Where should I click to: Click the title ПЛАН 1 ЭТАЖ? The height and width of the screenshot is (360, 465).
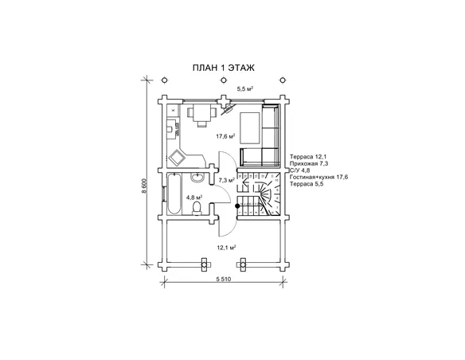223,68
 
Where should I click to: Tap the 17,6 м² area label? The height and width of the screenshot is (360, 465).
225,136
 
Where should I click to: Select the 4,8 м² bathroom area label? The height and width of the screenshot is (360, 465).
194,197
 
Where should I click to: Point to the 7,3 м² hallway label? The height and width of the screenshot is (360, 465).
227,180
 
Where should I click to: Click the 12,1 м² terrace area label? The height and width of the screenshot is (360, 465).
226,247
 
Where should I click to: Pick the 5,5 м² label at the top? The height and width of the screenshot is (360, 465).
244,88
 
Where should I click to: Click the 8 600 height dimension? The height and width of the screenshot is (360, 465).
144,186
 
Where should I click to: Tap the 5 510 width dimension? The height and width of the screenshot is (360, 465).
223,279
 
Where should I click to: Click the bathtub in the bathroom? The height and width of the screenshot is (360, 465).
174,194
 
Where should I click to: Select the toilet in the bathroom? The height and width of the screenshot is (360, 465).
197,208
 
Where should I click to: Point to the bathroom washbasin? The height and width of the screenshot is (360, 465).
197,177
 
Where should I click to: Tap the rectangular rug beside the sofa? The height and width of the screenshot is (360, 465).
250,127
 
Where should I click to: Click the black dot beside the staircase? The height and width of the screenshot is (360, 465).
237,205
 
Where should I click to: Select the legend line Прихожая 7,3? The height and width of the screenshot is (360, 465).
309,163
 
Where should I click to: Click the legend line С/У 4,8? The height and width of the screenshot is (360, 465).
299,170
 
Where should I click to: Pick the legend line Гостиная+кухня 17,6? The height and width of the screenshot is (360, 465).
318,177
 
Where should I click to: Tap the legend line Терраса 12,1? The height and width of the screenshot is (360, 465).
308,157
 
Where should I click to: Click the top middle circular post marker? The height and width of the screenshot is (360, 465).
224,80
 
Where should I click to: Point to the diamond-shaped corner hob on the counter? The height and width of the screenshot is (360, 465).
177,158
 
